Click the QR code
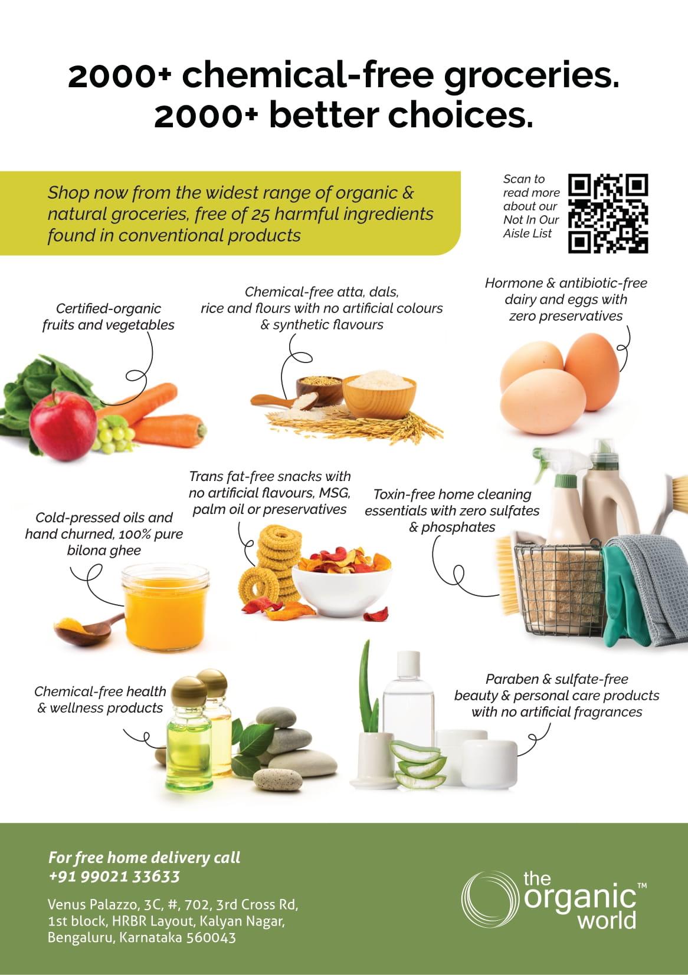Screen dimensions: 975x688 pyautogui.click(x=609, y=213)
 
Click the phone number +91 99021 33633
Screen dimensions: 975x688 pyautogui.click(x=114, y=877)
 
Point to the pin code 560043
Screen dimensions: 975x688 pyautogui.click(x=211, y=937)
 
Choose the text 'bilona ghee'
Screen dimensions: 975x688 pyautogui.click(x=104, y=551)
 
